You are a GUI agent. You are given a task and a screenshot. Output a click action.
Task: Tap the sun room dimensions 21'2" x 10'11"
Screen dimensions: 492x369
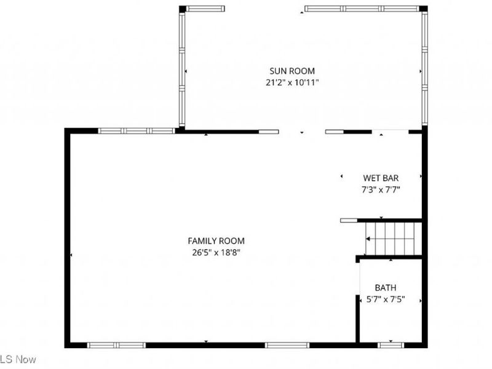coord(288,82)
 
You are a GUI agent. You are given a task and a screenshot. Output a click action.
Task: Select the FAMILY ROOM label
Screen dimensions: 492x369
coord(212,241)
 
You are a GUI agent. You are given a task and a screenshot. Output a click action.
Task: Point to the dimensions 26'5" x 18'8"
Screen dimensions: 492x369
coord(212,252)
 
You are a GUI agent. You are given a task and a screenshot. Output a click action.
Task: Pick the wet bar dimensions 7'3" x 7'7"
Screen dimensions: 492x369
coord(382,189)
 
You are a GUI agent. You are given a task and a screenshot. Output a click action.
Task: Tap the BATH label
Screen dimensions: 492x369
coord(386,288)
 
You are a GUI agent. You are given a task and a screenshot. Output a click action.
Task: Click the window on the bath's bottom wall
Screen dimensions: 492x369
coord(390,345)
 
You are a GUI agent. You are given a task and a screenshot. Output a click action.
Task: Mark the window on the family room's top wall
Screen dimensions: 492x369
coord(137,131)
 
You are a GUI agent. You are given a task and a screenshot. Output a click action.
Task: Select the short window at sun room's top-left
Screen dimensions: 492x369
coord(205,9)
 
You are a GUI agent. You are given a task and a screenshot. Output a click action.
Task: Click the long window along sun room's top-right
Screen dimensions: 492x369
coord(362,9)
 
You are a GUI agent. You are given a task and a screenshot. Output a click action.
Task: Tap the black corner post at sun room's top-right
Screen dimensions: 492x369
coord(423,9)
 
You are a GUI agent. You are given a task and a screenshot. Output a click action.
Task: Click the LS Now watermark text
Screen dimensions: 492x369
coord(18,359)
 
